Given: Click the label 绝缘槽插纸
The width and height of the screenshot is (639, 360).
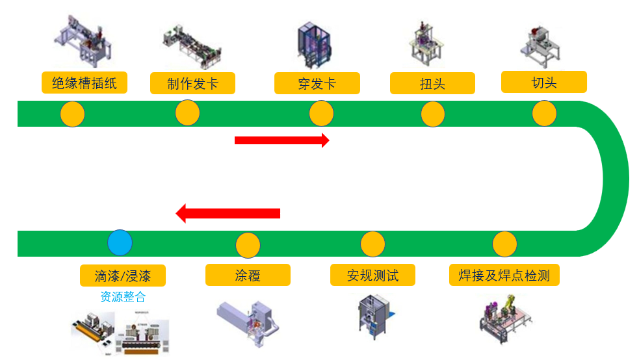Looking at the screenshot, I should click(x=84, y=83).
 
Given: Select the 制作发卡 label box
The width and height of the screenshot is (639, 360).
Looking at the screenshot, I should click(x=192, y=83).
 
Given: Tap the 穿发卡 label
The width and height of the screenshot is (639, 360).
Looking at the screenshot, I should click(x=317, y=83).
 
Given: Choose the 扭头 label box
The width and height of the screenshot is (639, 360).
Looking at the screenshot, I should click(x=432, y=83).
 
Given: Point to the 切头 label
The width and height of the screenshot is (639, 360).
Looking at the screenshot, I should click(x=544, y=82).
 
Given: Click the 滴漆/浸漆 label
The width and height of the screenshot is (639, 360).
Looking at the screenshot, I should click(x=123, y=276).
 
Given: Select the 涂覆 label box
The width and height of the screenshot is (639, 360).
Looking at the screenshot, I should click(x=248, y=275).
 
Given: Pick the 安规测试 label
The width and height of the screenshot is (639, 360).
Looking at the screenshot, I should click(x=372, y=275).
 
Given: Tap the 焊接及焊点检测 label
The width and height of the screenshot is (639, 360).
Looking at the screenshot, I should click(x=504, y=275).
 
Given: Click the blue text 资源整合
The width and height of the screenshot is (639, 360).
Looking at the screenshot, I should click(x=123, y=297).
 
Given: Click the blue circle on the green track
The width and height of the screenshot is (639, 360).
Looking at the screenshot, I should click(x=120, y=242).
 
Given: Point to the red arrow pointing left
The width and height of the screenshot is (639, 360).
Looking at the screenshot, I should click(x=228, y=213).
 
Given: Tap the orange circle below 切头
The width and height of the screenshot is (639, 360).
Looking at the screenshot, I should click(x=544, y=114).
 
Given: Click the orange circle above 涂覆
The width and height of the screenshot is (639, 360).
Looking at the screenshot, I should click(x=248, y=245).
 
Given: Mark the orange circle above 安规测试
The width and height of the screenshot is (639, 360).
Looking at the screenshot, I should click(x=372, y=243).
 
